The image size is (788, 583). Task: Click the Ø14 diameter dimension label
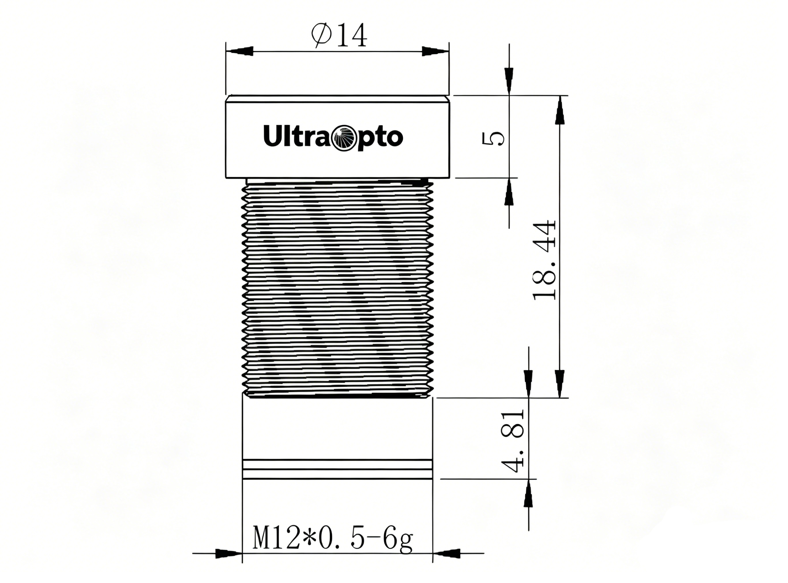point(339,35)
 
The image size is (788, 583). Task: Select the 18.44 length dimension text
point(544,260)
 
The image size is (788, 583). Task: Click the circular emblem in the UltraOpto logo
point(342,137)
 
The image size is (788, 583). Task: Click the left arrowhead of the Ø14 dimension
point(240,51)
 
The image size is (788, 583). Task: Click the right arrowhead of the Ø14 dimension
point(436,51)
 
